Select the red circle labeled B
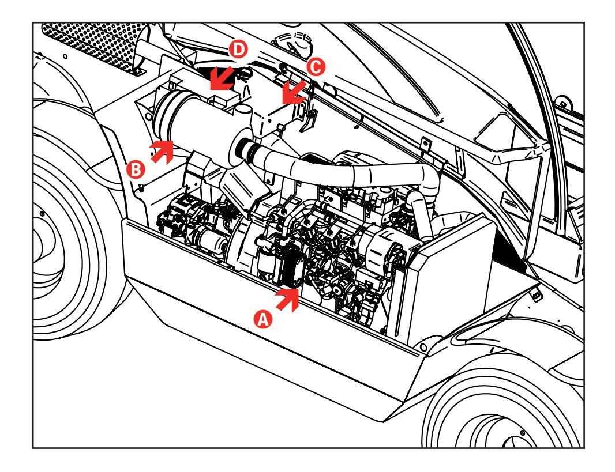pos(136,170)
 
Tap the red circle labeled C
pos(316,67)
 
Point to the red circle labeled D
pos(238,50)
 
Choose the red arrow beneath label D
pos(222,78)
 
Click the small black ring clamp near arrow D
pos(245,73)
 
